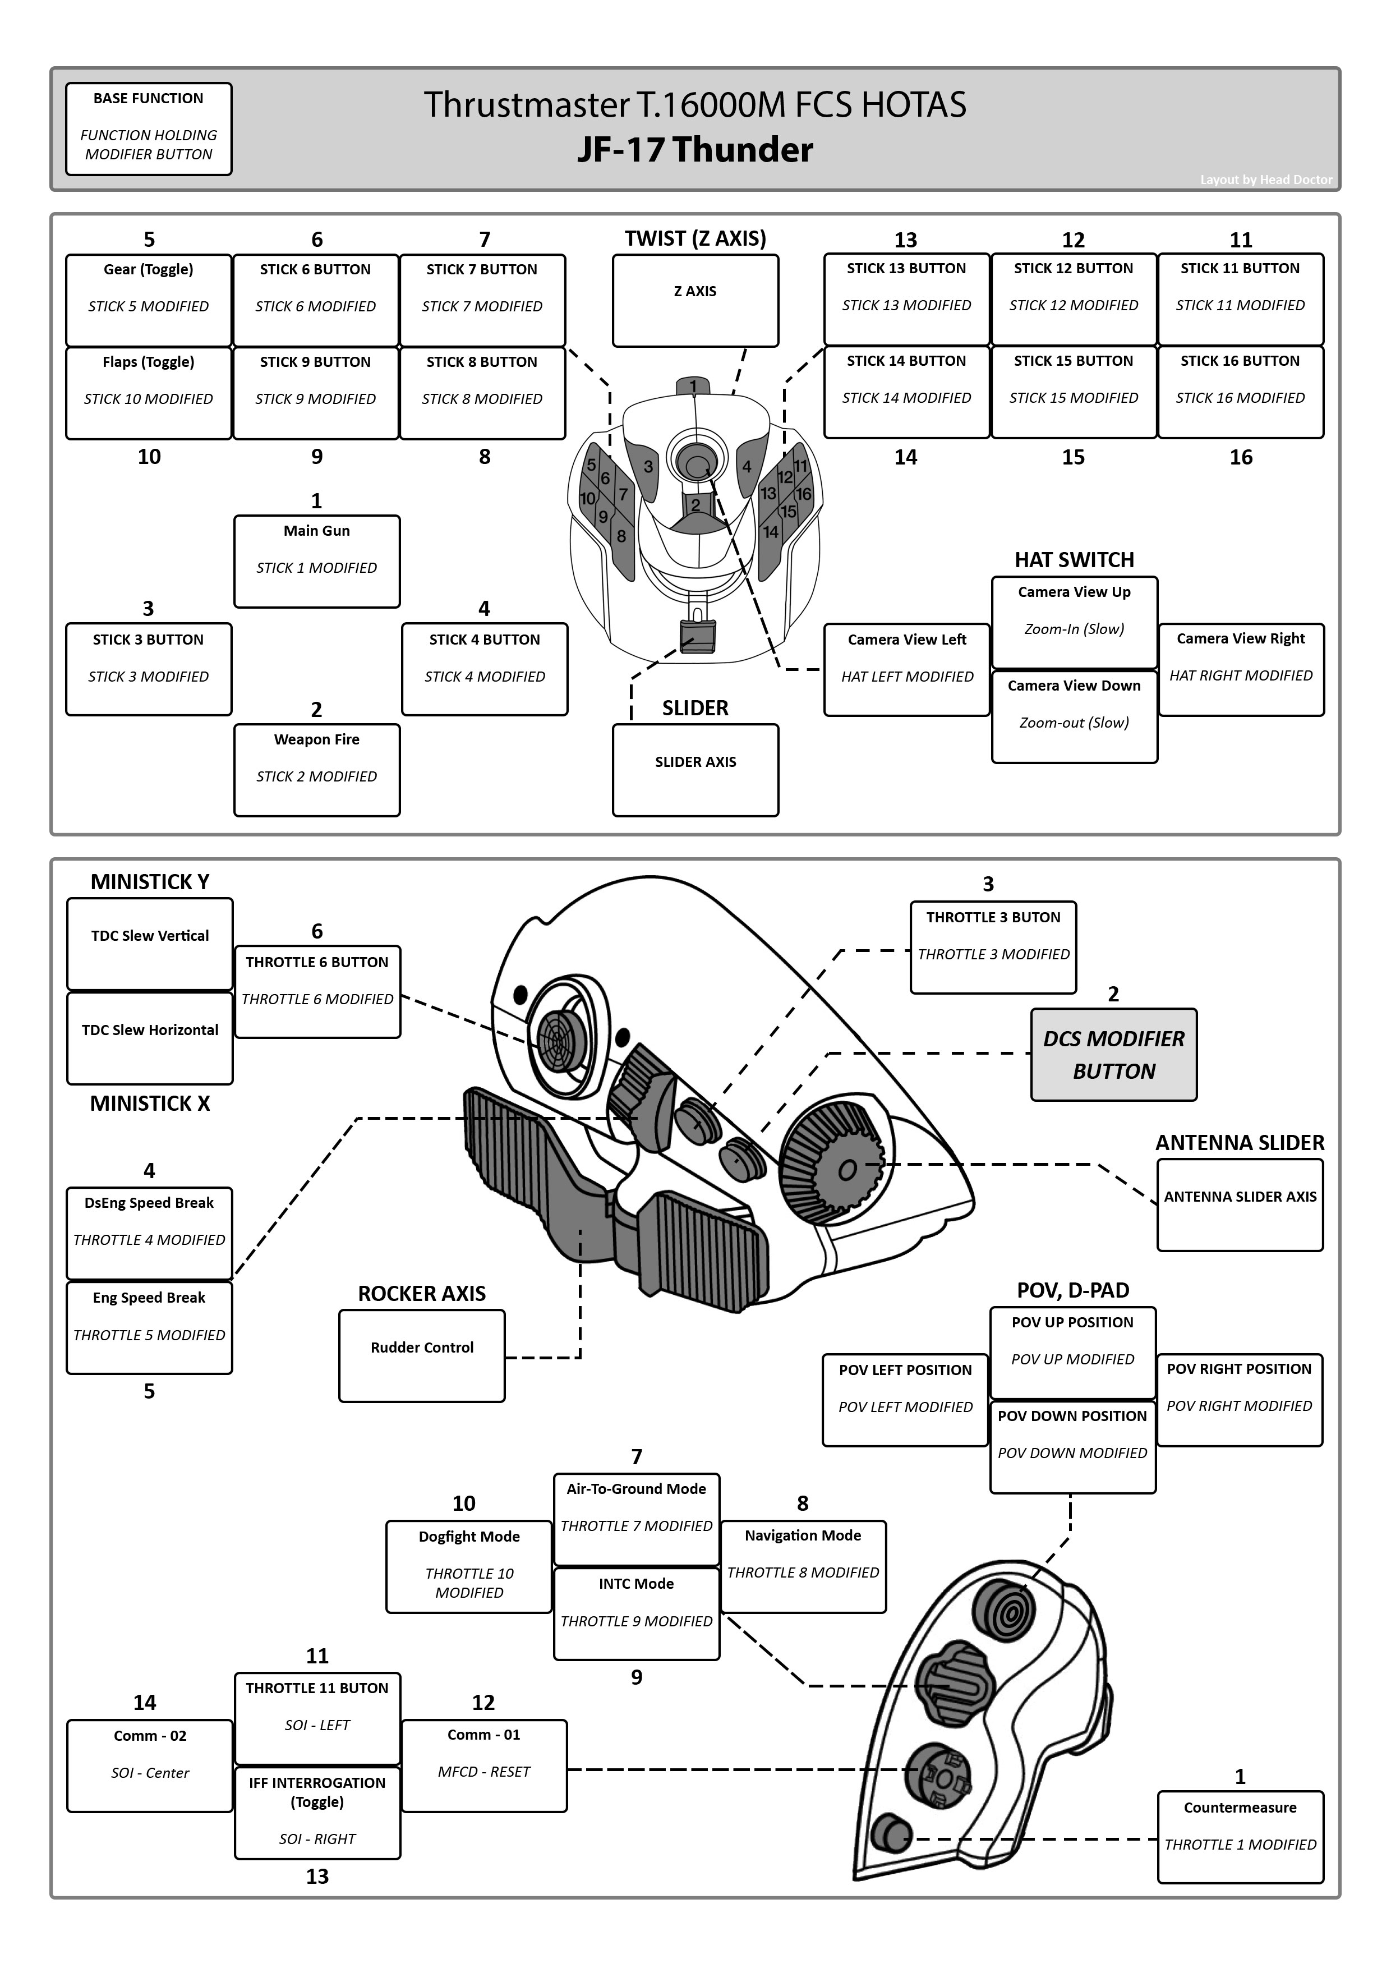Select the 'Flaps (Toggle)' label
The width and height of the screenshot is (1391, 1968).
[x=148, y=362]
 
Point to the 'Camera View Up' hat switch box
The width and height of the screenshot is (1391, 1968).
[x=1074, y=622]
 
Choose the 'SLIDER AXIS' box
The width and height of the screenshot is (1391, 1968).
[x=695, y=770]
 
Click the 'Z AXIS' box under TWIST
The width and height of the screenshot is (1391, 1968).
[x=695, y=300]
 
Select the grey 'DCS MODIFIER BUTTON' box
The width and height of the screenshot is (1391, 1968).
[x=1113, y=1054]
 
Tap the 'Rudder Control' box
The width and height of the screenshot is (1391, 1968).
[x=422, y=1355]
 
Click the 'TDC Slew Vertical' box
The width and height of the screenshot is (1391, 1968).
[x=150, y=944]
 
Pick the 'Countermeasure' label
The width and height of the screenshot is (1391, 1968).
[x=1240, y=1808]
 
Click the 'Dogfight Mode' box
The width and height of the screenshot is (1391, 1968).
[x=469, y=1566]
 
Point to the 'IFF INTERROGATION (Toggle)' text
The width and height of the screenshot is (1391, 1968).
[x=317, y=1791]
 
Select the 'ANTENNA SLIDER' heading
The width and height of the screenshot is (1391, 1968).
[x=1240, y=1143]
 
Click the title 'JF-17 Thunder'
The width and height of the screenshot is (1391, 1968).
[x=695, y=150]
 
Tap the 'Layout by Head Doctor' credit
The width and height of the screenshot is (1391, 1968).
[x=1266, y=179]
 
